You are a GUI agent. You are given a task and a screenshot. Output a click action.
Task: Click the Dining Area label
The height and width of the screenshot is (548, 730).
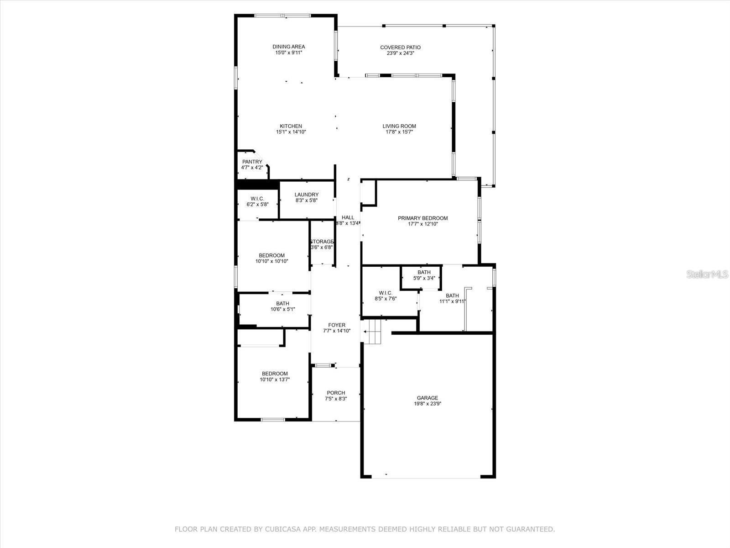click(288, 47)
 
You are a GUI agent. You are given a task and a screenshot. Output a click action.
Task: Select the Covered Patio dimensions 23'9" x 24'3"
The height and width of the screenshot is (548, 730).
click(400, 53)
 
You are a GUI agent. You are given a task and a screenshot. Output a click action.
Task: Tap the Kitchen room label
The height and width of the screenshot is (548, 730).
click(291, 126)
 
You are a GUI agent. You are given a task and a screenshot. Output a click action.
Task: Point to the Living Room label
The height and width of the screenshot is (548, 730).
click(399, 126)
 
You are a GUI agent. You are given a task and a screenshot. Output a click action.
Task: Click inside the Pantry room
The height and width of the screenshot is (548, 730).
click(252, 165)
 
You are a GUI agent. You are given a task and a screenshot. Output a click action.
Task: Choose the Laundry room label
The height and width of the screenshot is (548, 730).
click(306, 195)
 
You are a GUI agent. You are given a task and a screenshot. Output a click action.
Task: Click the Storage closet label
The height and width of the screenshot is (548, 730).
click(322, 242)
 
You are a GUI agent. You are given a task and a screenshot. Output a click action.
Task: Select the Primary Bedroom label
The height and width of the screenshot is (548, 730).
click(422, 218)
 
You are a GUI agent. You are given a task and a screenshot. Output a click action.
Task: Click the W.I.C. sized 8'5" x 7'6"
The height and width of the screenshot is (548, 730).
click(385, 296)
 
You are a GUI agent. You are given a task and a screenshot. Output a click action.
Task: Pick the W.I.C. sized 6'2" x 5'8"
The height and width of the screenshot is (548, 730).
click(257, 201)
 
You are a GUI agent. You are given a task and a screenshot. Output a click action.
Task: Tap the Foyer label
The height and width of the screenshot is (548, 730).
click(337, 325)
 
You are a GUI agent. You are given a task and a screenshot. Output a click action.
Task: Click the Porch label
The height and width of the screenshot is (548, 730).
click(336, 393)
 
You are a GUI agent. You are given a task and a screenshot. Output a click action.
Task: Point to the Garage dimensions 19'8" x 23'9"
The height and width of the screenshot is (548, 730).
click(427, 404)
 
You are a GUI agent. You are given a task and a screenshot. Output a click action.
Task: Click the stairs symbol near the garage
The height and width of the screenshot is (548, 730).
click(374, 331)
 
